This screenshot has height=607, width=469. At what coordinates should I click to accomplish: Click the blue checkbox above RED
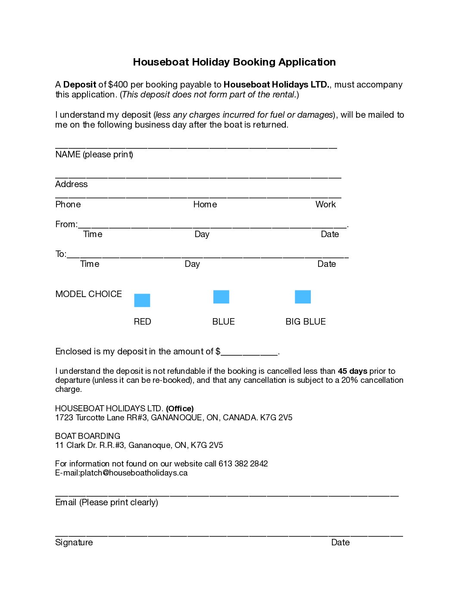click(142, 300)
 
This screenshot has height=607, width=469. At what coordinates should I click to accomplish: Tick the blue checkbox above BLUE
click(221, 297)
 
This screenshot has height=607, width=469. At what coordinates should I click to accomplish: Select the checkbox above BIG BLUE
click(303, 297)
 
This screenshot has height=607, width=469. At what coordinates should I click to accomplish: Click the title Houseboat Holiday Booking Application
click(234, 62)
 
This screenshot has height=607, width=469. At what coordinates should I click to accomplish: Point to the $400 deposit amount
click(118, 84)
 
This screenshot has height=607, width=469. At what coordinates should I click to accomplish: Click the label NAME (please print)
click(94, 154)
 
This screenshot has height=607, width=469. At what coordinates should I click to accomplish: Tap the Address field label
click(72, 184)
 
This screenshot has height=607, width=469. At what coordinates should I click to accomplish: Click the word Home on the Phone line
click(205, 204)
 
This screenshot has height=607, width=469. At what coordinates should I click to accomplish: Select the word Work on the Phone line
click(325, 204)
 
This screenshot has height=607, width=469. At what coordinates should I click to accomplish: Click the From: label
click(66, 224)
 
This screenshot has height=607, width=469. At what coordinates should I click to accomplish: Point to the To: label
click(61, 254)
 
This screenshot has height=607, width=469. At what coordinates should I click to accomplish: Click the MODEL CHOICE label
click(88, 294)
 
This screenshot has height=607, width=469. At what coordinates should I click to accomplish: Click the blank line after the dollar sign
click(249, 352)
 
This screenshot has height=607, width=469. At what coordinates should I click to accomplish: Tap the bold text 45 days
click(352, 371)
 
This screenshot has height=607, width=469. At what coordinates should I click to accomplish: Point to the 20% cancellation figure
click(350, 380)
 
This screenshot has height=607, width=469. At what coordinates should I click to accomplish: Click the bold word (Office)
click(180, 408)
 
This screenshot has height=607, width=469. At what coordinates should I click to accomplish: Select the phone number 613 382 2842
click(243, 463)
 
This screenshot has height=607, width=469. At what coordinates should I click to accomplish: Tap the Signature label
click(74, 542)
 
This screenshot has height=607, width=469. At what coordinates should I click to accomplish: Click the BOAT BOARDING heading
click(88, 436)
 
